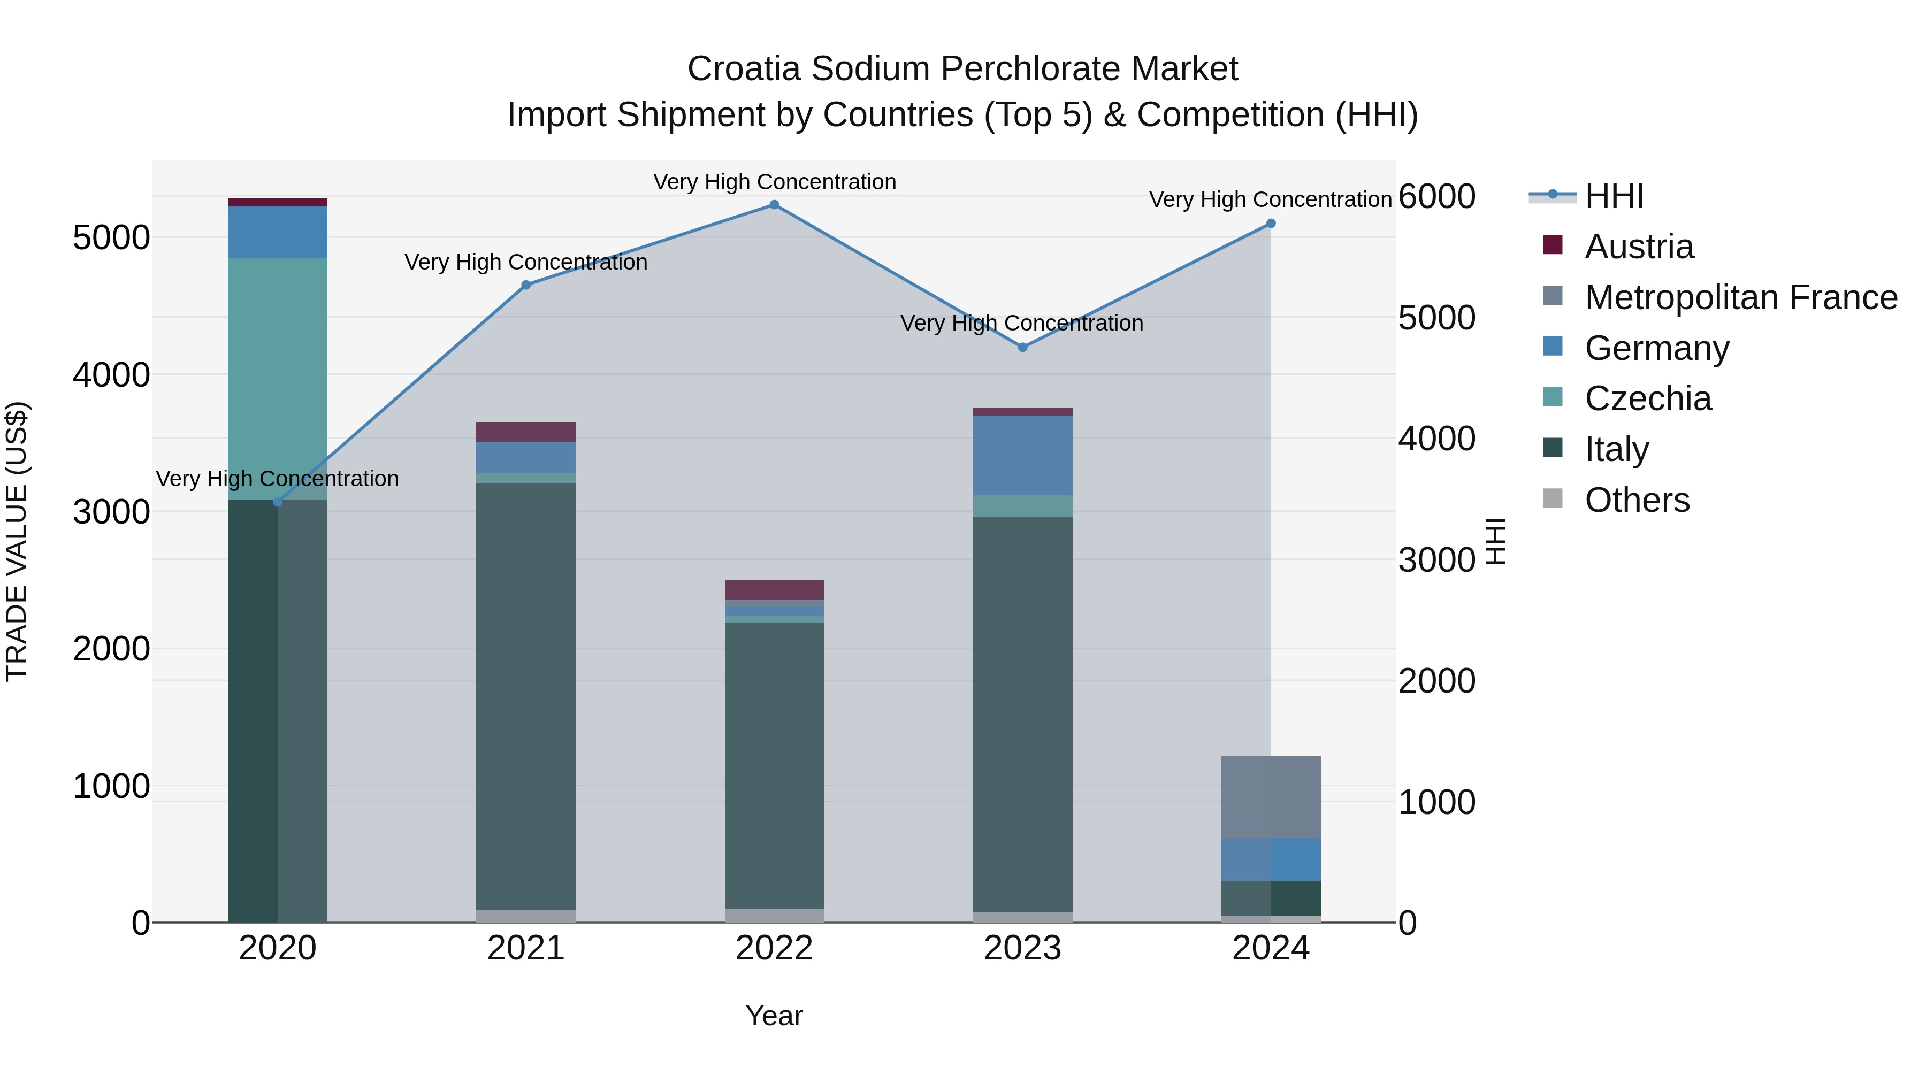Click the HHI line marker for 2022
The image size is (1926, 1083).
(x=774, y=205)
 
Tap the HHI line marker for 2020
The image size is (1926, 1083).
(x=277, y=502)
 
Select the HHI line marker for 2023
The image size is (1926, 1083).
(x=1023, y=347)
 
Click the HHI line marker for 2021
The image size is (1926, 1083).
(x=525, y=285)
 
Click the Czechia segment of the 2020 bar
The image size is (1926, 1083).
(x=277, y=378)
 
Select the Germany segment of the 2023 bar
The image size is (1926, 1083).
(x=1023, y=455)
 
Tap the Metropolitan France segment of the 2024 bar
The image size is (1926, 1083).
(x=1271, y=797)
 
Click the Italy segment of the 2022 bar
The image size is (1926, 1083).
(x=774, y=765)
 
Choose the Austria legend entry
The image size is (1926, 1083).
(x=1639, y=247)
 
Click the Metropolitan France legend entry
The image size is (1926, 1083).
(x=1740, y=297)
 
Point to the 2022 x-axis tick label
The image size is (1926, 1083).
(x=774, y=948)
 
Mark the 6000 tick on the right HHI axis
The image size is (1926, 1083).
(x=1436, y=197)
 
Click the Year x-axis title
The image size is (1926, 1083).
(x=774, y=1016)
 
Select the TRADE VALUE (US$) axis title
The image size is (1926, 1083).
(x=17, y=541)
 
